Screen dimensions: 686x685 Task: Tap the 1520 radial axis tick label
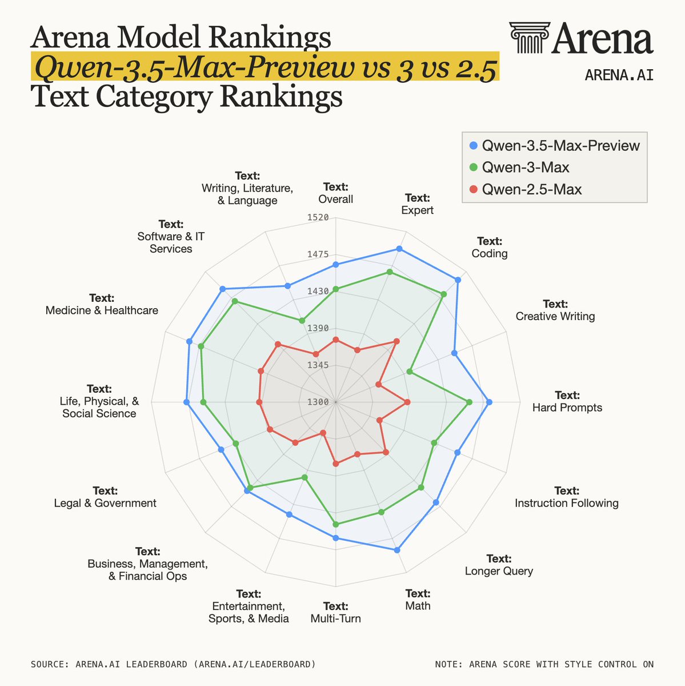pos(318,217)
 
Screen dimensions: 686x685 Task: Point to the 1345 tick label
pos(318,365)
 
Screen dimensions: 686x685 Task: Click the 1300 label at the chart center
pos(318,402)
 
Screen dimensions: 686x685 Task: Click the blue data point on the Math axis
pos(398,550)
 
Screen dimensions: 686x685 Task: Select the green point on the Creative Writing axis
pos(409,372)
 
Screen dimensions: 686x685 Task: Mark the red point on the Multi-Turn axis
pos(336,464)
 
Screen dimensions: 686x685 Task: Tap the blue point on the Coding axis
pos(458,280)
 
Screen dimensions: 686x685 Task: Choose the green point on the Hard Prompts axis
pos(470,402)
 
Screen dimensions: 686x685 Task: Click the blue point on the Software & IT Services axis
pos(223,289)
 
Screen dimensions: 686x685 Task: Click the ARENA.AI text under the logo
pos(619,75)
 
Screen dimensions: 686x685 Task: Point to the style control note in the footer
pos(544,664)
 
